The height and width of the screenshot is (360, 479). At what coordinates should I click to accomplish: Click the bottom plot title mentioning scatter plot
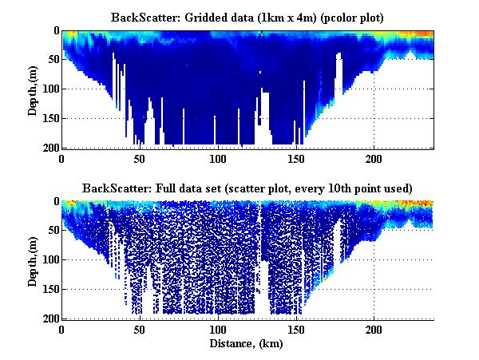[x=247, y=188]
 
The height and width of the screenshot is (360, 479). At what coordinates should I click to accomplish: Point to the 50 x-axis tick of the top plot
[x=140, y=158]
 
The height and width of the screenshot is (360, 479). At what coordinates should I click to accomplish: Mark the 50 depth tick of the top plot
[x=52, y=60]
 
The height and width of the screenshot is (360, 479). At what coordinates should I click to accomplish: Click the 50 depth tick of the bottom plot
[x=52, y=231]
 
